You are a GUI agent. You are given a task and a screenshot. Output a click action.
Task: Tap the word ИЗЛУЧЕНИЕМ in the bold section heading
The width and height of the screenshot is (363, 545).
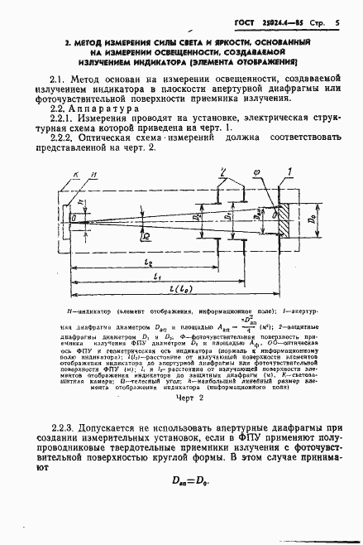coord(107,61)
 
